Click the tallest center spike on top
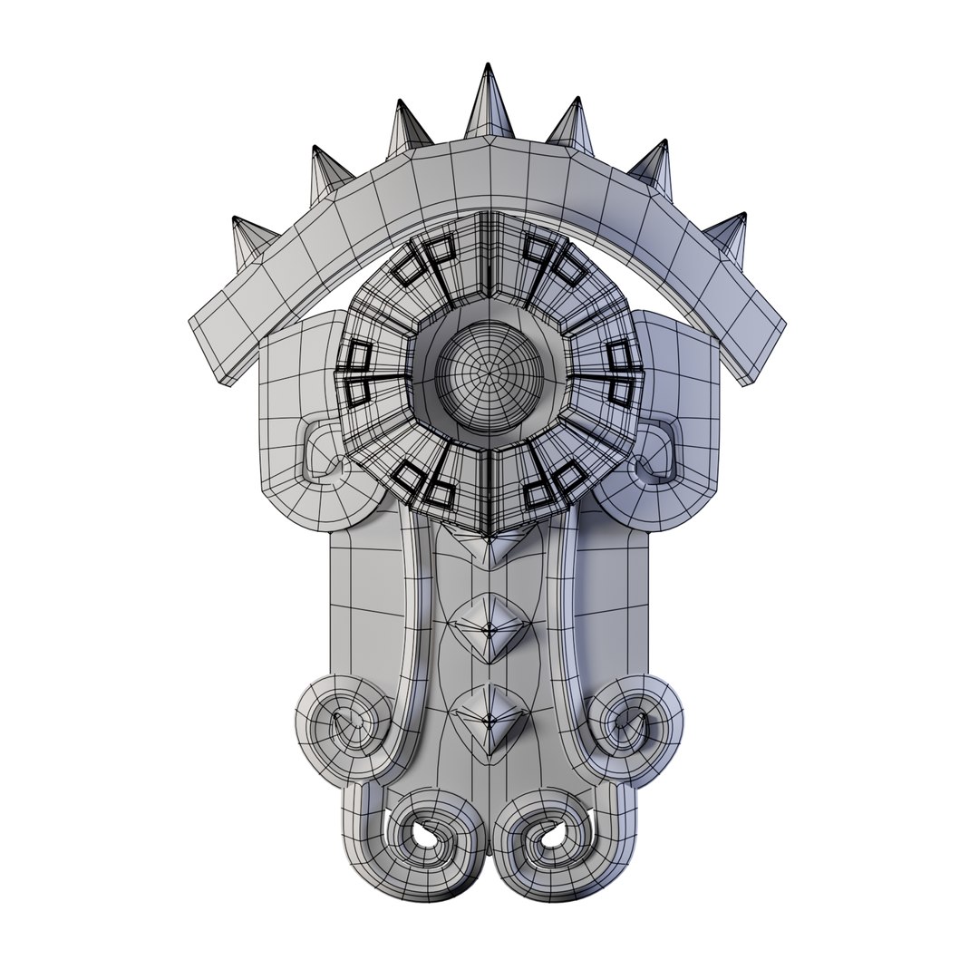tap(489, 104)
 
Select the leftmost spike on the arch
tap(249, 240)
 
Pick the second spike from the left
tap(327, 176)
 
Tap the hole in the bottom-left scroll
tap(423, 835)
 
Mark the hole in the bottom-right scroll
tap(554, 835)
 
